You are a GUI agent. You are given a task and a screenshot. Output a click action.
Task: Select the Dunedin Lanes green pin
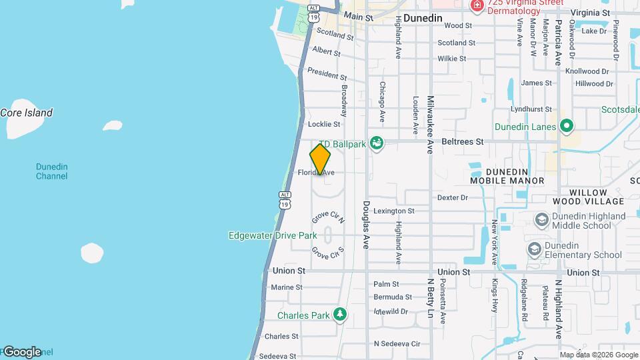(567, 125)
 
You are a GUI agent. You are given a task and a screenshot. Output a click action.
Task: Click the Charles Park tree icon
(341, 313)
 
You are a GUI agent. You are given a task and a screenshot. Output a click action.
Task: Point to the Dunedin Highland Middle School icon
(542, 219)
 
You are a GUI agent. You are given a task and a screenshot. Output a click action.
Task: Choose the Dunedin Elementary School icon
(534, 249)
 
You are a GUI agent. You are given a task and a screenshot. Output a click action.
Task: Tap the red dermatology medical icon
(477, 5)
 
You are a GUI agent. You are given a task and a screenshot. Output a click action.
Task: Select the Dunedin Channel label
(51, 171)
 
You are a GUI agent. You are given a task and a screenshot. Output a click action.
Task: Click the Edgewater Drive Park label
(273, 235)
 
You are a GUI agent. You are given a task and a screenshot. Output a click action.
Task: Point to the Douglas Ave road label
(366, 225)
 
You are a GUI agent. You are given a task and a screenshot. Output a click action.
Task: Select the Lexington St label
(393, 211)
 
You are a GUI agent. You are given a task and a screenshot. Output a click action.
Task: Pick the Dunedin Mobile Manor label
(507, 176)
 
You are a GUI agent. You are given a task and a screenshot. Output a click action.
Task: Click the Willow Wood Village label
(588, 197)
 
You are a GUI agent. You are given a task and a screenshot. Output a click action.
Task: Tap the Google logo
(21, 351)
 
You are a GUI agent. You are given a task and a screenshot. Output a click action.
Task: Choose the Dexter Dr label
(453, 197)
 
